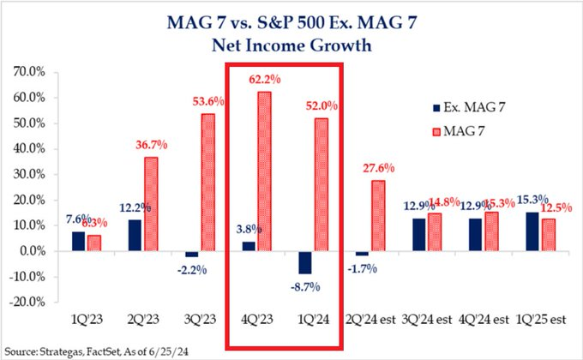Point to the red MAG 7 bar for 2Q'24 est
[x=378, y=215]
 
